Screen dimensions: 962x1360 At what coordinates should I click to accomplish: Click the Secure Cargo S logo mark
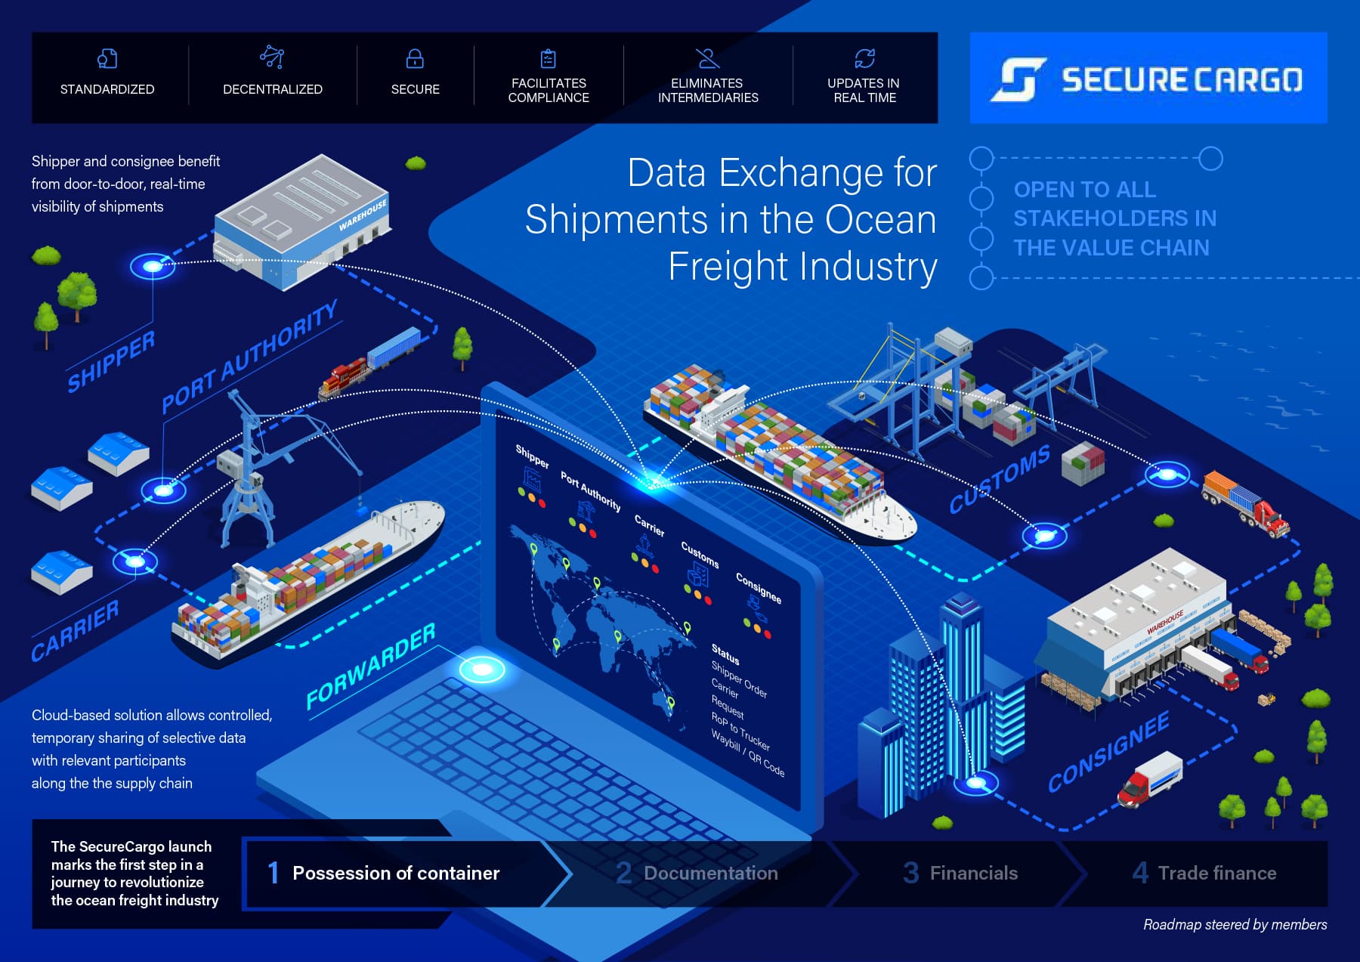coord(1018,79)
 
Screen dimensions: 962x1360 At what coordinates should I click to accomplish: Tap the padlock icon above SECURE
coord(415,58)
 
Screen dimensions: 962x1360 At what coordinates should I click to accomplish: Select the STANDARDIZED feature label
coord(107,89)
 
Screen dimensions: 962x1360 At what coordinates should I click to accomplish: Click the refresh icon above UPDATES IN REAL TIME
coord(864,58)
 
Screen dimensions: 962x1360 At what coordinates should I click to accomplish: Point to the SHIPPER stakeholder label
coord(110,362)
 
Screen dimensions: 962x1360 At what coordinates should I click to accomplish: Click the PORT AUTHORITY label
coord(249,357)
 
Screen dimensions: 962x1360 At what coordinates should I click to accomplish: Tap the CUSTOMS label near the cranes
coord(999,479)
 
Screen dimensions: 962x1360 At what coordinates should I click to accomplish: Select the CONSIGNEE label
coord(1108,752)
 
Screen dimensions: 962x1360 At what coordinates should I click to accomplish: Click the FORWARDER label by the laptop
coord(370,667)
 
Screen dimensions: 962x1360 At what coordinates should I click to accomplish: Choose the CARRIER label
coord(75,631)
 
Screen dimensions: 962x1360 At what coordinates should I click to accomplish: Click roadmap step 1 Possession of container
coord(395,874)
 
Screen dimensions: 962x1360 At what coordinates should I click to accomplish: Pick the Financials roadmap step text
coord(973,874)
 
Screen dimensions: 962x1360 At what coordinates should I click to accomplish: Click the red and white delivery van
coord(1148,779)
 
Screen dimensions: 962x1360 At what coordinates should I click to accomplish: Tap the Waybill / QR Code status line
coord(747,754)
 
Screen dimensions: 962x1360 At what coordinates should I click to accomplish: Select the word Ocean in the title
coord(880,220)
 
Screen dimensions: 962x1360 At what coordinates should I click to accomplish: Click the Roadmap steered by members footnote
coord(1235,925)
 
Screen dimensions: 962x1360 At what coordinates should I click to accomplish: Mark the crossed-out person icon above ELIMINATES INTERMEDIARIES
coord(708,58)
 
